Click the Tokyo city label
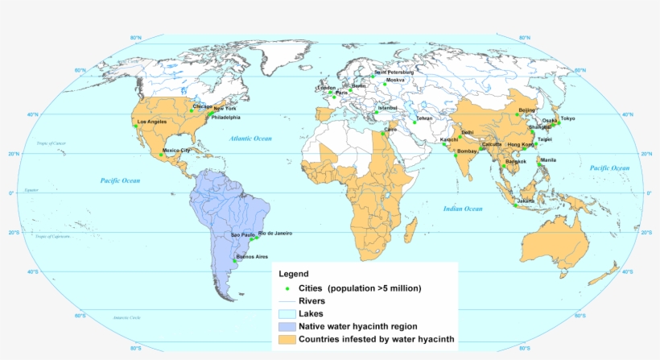pos(567,118)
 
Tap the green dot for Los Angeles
pos(136,126)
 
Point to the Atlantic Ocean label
pos(250,139)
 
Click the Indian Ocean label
pos(463,209)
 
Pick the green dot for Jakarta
pos(515,205)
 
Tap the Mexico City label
pos(176,150)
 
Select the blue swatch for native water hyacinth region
pos(287,327)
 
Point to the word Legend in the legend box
pos(293,275)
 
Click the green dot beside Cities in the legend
pos(287,288)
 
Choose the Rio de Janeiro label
pos(274,233)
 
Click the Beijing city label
pos(527,110)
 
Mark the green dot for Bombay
pos(456,155)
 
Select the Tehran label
pos(424,118)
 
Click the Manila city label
pos(548,159)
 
